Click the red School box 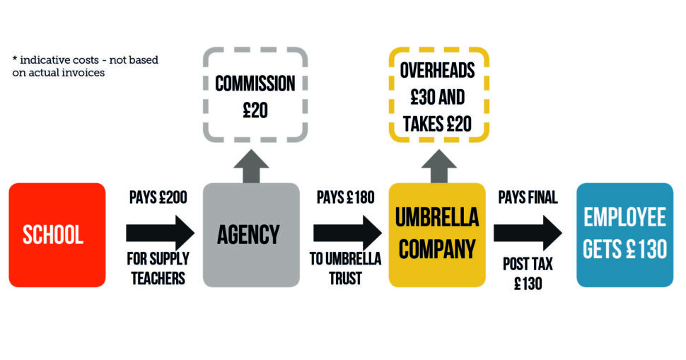coord(57,235)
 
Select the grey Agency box coord(251,235)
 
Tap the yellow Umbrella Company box coord(437,235)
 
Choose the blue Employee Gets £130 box coord(624,235)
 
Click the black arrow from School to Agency coord(160,233)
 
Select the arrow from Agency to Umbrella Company coord(347,233)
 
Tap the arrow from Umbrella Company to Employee coord(528,233)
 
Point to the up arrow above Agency coord(251,167)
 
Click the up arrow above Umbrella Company coord(438,167)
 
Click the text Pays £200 coord(158,197)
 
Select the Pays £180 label coord(346,197)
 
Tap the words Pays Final coord(528,197)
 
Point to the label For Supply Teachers coord(158,269)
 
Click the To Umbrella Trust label coord(345,269)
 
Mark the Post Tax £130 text coord(528,274)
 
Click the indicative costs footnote coord(86,66)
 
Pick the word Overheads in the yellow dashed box coord(438,71)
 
